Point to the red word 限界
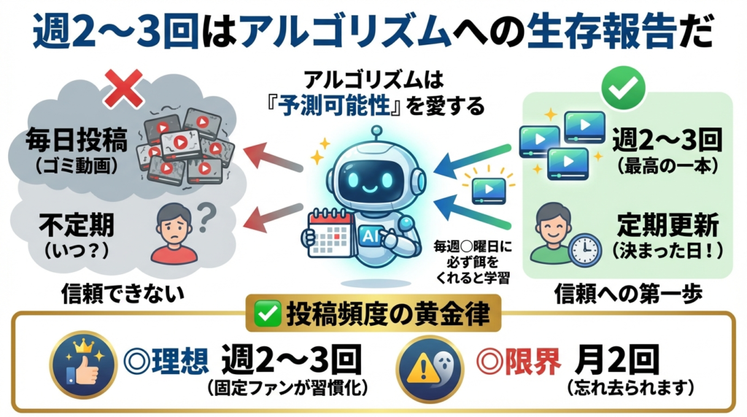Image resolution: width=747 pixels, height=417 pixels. coord(538,361)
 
